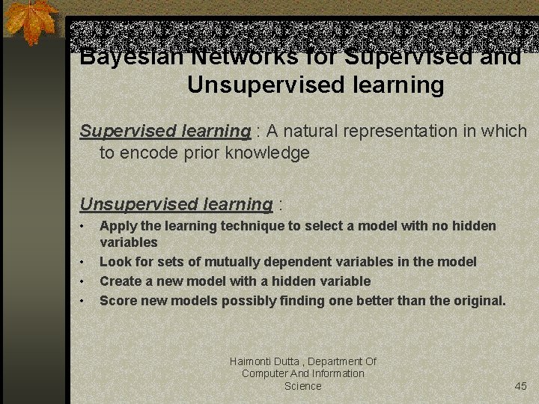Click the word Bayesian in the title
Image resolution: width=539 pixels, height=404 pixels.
(x=120, y=58)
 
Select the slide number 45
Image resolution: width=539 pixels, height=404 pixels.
(x=521, y=386)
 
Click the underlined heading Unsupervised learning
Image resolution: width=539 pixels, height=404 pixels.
(x=176, y=204)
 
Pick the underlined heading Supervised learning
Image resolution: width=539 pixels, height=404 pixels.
(x=165, y=131)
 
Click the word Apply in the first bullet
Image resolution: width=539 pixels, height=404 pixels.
(x=116, y=226)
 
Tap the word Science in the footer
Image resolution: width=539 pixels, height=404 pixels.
(x=302, y=386)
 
